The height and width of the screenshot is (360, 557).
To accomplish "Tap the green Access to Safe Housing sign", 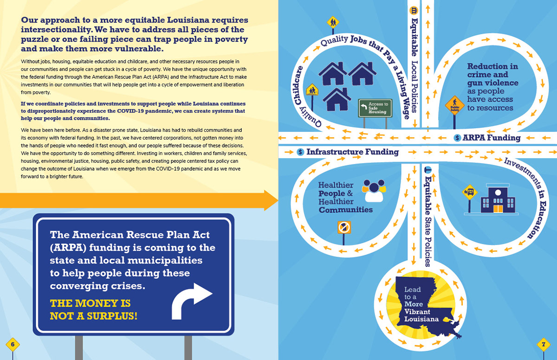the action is click(375, 108).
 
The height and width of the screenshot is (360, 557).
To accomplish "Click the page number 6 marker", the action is click(13, 344).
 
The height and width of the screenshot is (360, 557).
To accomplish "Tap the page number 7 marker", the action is click(543, 345).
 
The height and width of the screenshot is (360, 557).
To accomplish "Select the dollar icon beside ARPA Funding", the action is click(457, 138).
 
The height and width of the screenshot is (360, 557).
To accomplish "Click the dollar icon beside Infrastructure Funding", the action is click(300, 152).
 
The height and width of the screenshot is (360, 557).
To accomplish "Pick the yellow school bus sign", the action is click(470, 191).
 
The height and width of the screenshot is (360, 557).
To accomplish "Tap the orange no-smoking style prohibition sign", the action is click(344, 227).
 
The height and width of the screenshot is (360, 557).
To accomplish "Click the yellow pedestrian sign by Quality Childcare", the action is click(311, 90).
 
